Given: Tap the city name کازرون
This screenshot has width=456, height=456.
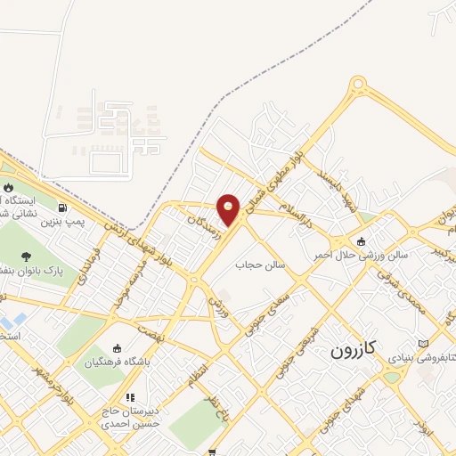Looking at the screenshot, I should click(x=355, y=348).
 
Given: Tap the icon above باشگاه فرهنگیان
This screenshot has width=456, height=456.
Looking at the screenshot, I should click(x=118, y=348).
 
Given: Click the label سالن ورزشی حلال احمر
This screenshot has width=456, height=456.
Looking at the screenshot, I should click(x=359, y=255).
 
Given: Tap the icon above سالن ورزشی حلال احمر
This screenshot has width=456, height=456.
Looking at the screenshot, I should click(x=361, y=240).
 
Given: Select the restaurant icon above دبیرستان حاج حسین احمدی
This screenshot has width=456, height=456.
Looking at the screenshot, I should click(x=130, y=397).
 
